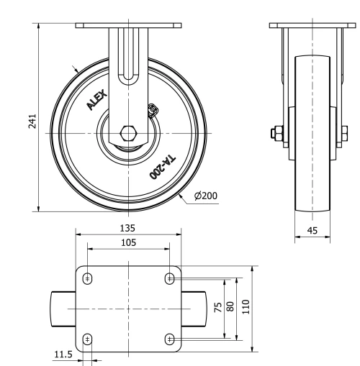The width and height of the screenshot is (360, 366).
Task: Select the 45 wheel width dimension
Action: (x=311, y=231)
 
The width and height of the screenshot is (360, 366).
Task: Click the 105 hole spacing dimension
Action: (x=128, y=243)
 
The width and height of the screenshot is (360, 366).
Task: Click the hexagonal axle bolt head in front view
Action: (x=128, y=134)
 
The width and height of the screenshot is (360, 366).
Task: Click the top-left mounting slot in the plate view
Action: (x=88, y=278)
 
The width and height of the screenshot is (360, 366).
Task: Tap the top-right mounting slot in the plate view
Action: (x=170, y=278)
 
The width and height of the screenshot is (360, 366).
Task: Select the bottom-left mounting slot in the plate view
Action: (x=88, y=339)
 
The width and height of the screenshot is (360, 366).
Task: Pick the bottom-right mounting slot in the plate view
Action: (x=170, y=339)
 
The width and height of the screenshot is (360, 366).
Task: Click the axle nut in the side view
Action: (x=276, y=134)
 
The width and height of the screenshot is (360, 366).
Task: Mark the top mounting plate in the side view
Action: (x=311, y=26)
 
